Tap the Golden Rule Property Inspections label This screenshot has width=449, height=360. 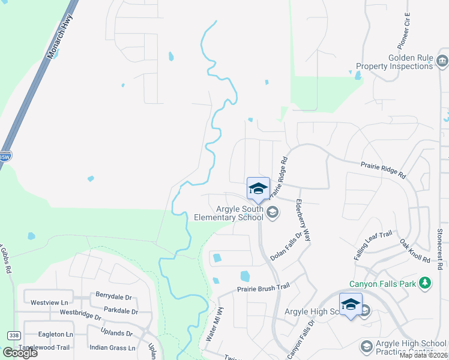(394, 62)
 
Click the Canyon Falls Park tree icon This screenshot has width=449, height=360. (426, 283)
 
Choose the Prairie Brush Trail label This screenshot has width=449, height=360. (263, 287)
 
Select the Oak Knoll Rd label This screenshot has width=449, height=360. (415, 250)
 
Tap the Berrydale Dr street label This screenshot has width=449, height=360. (113, 295)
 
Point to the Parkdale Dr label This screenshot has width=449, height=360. (121, 311)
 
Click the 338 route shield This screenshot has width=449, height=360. (13, 334)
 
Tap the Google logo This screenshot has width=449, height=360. (20, 352)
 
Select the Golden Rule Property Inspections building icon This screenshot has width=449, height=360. (442, 61)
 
